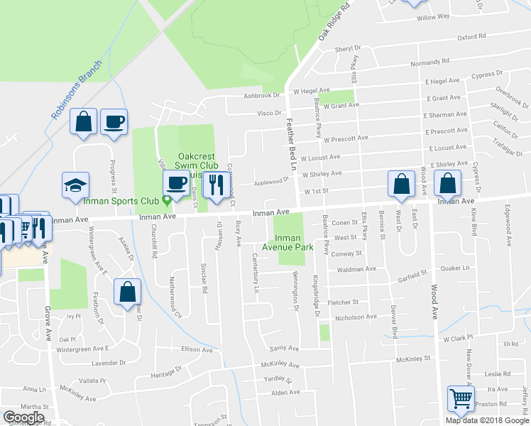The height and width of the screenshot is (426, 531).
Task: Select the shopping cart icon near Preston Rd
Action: pyautogui.click(x=461, y=400)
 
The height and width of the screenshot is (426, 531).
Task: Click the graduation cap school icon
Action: pyautogui.click(x=75, y=186)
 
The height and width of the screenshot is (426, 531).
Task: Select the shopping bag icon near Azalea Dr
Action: pyautogui.click(x=127, y=293)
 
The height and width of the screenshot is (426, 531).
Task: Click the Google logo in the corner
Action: pyautogui.click(x=23, y=417)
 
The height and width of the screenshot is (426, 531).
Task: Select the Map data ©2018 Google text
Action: pyautogui.click(x=487, y=420)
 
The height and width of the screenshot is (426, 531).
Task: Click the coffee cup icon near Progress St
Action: pyautogui.click(x=114, y=121)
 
